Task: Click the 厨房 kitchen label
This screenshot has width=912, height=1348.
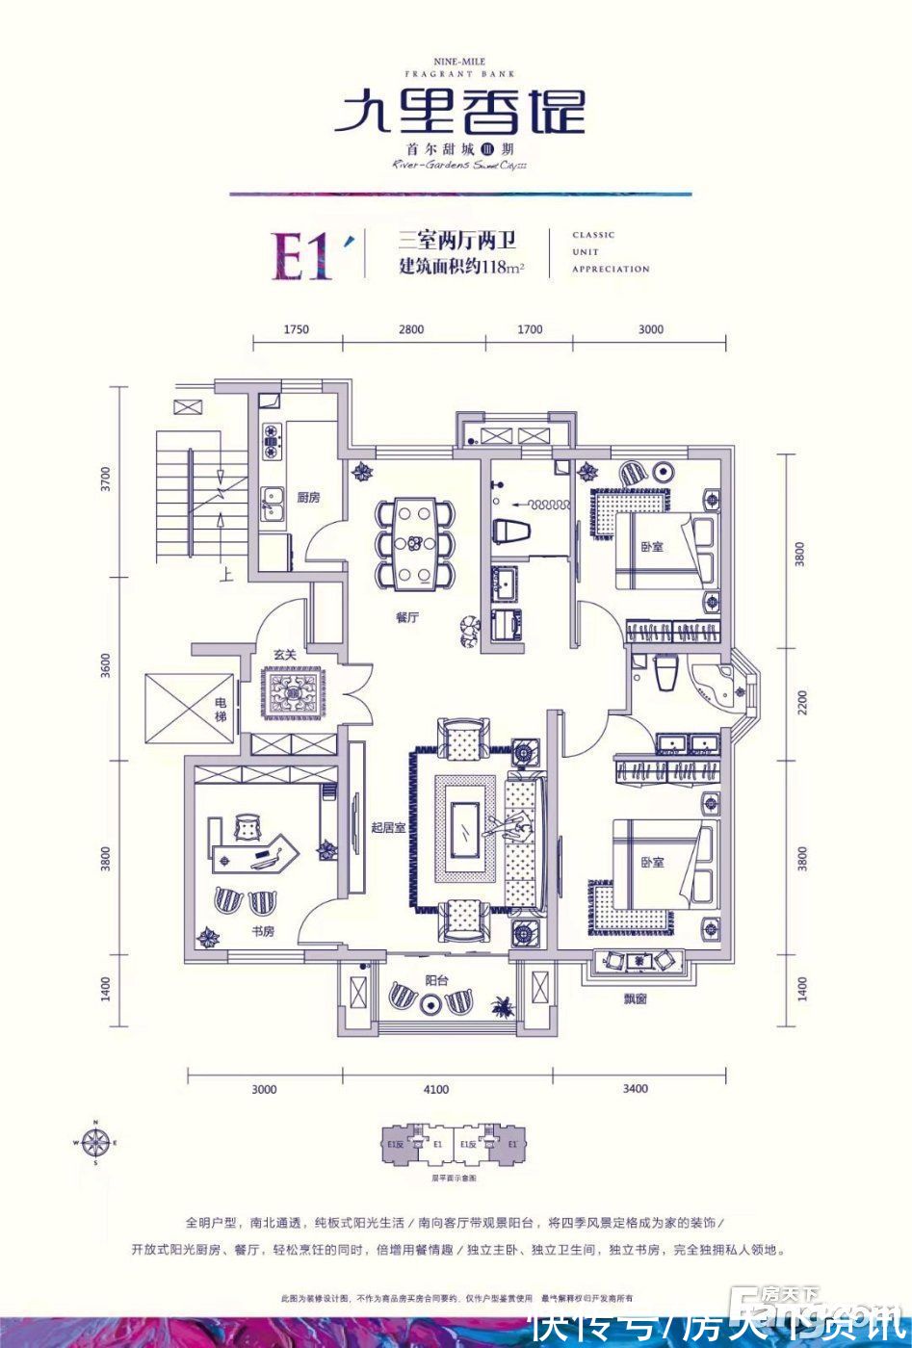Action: pos(307,498)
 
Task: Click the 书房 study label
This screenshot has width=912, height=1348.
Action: pos(263,931)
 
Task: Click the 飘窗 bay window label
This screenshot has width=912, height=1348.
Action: pos(634,999)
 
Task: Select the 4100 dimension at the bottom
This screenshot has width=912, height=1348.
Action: pos(435,1090)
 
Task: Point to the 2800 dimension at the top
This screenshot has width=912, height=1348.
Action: pos(411,329)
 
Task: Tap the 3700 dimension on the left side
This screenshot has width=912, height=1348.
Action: pos(107,479)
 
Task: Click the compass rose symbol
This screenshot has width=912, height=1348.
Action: pos(95,1144)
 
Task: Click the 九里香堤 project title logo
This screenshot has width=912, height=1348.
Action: pos(459,113)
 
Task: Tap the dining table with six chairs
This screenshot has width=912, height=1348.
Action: pos(414,542)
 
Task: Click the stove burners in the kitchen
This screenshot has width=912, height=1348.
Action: pos(272,439)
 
